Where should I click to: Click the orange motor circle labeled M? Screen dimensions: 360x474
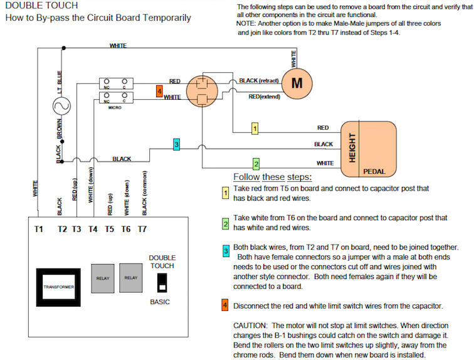tap(297, 83)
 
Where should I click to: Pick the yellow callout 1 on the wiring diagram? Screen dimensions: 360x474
tap(255, 129)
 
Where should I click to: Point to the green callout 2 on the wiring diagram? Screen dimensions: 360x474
tap(256, 164)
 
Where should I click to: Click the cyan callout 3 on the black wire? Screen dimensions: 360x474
tap(177, 145)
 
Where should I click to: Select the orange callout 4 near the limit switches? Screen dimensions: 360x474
tap(159, 92)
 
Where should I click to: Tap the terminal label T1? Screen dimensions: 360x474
tap(39, 230)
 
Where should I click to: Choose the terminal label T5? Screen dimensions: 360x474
tap(109, 230)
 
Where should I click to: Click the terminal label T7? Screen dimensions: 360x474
tap(142, 230)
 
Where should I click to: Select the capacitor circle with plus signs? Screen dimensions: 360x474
tap(201, 90)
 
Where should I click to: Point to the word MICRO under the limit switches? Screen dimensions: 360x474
tap(114, 108)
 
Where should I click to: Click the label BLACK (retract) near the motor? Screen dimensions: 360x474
tap(258, 81)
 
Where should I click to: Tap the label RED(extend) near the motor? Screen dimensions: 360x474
tap(263, 97)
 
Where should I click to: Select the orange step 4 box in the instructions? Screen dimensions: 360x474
tap(225, 306)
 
